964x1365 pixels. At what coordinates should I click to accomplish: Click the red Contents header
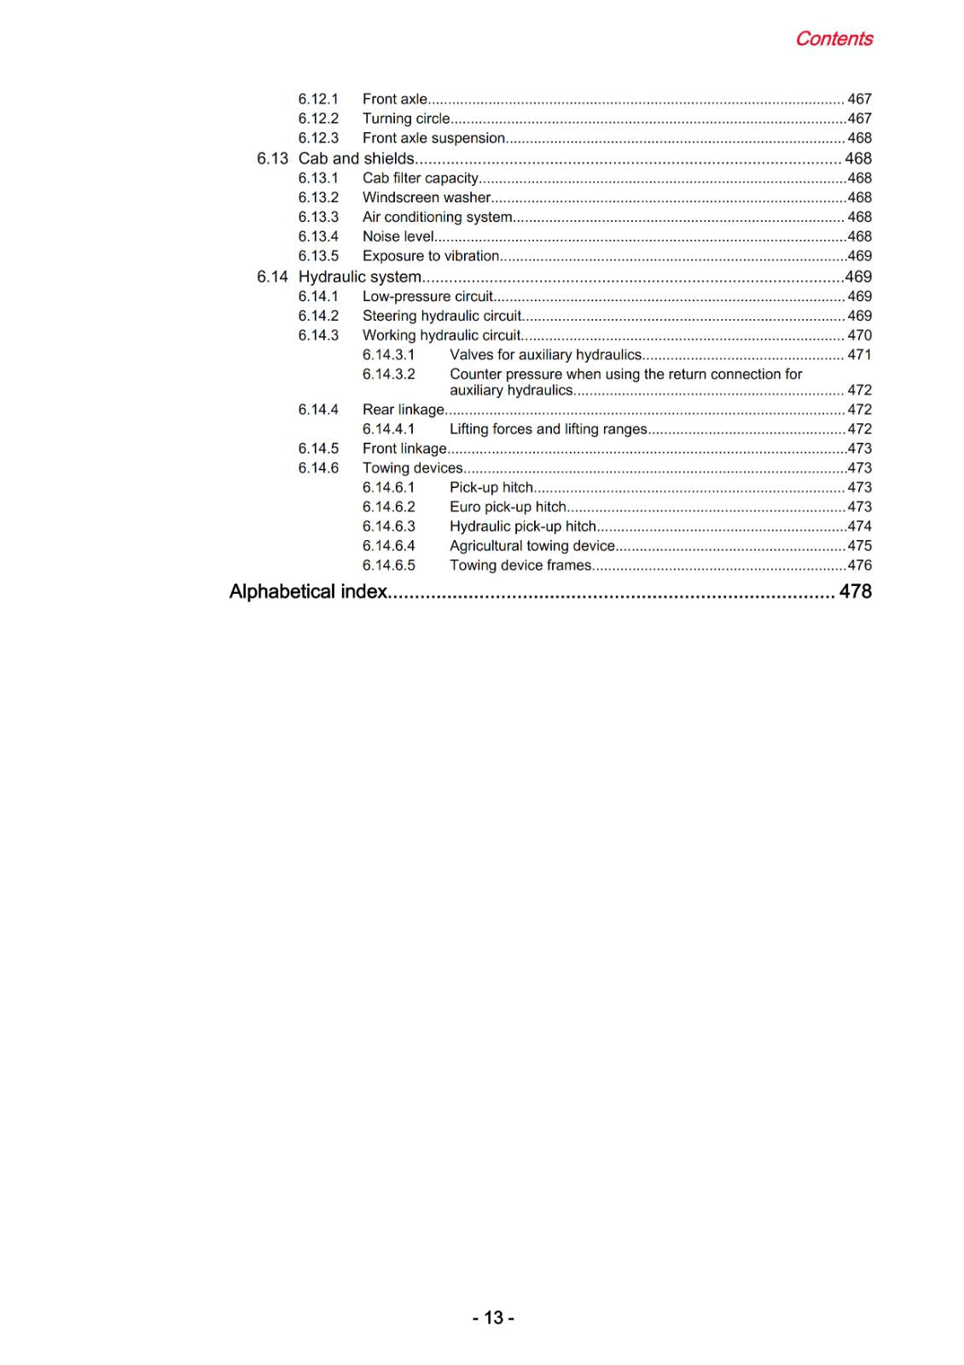[833, 39]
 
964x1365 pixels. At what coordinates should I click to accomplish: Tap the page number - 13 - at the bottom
[493, 1318]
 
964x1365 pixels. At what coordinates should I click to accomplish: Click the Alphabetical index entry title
[308, 592]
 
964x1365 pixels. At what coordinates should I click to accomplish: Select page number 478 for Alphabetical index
[855, 592]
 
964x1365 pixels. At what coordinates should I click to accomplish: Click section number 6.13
[272, 159]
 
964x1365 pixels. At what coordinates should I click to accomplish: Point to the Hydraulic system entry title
[359, 277]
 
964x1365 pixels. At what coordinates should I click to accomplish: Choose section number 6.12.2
[318, 119]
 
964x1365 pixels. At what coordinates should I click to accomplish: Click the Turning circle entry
[406, 119]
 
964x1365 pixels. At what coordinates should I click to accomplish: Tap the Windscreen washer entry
[427, 198]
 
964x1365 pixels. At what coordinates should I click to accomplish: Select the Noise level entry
[398, 237]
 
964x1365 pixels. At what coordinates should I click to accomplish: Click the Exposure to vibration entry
[431, 256]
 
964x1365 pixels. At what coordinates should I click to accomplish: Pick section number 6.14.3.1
[388, 355]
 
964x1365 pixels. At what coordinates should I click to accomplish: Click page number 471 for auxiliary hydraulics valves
[859, 355]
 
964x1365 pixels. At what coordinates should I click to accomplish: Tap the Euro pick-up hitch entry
[508, 507]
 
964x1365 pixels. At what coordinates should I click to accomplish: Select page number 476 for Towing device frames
[859, 566]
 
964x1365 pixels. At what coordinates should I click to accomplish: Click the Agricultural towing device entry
[532, 546]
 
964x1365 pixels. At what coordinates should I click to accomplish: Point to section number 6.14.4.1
[388, 429]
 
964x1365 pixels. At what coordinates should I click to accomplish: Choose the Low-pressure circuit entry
[427, 297]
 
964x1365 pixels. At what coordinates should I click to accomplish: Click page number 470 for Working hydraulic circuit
[859, 336]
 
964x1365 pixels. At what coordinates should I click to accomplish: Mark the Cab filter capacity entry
[421, 178]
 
